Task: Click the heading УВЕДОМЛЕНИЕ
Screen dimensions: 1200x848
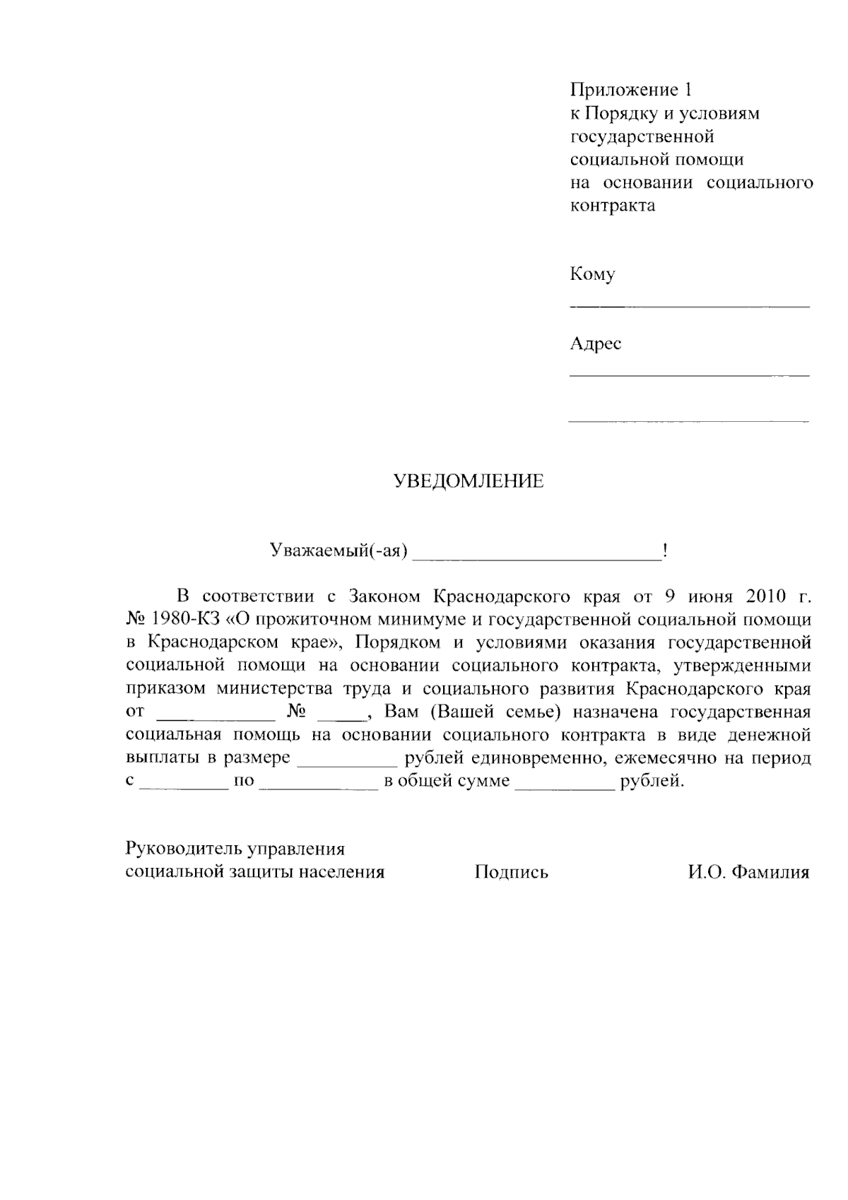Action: click(x=469, y=482)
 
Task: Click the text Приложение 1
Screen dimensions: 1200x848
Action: click(x=631, y=90)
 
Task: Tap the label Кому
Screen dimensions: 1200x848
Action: click(x=592, y=274)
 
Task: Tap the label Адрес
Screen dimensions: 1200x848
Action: click(x=596, y=344)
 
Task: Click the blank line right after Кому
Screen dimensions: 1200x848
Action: click(x=689, y=304)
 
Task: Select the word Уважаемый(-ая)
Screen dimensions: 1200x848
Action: click(x=339, y=551)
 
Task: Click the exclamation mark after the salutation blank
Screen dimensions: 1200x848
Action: click(x=665, y=551)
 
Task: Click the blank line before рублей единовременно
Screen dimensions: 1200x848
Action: click(x=347, y=765)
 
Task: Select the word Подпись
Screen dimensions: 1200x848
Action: click(x=512, y=872)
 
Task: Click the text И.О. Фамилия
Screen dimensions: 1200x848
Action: click(x=748, y=872)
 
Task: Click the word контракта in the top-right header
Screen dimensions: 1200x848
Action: click(x=613, y=206)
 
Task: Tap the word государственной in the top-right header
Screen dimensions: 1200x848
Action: click(x=642, y=136)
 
